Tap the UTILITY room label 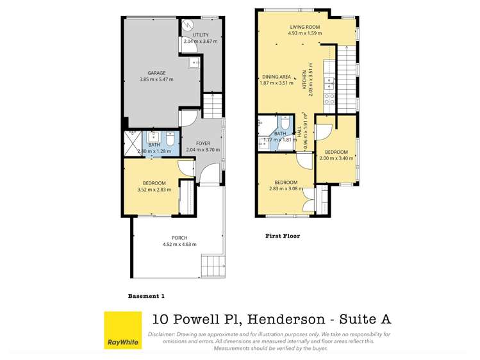click(x=200, y=35)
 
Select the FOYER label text click(x=203, y=143)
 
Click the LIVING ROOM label click(x=304, y=26)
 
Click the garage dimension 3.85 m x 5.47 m click(x=156, y=80)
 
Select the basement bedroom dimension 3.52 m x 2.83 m click(x=154, y=190)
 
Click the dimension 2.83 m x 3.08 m click(x=286, y=188)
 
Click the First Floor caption click(x=283, y=236)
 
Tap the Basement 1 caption click(x=147, y=296)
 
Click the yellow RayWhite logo click(x=122, y=331)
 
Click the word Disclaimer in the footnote click(x=164, y=334)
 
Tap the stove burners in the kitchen click(x=329, y=99)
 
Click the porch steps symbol click(x=211, y=264)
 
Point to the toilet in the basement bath click(x=170, y=139)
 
